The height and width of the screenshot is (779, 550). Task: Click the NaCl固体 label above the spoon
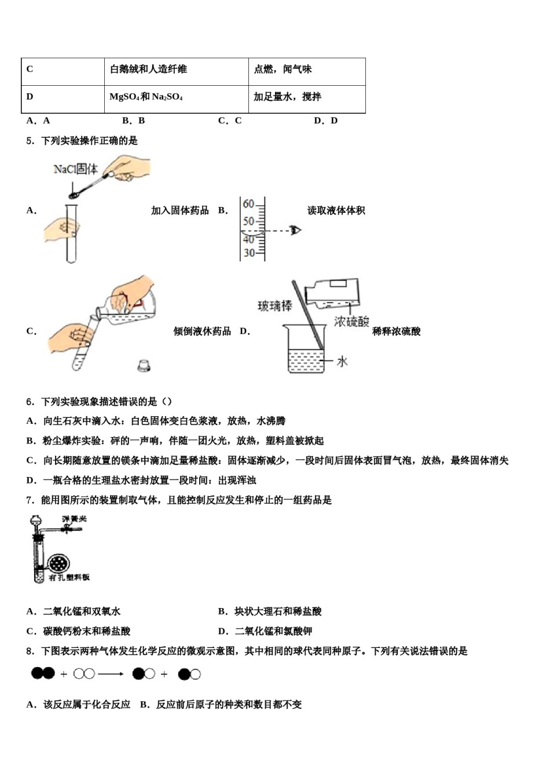click(x=75, y=169)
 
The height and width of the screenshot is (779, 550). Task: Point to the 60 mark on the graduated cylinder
click(x=248, y=204)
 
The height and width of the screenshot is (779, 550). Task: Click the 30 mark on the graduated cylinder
click(x=248, y=253)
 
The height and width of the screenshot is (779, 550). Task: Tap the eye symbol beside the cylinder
click(x=296, y=230)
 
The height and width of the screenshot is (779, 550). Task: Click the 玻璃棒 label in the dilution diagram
click(x=274, y=305)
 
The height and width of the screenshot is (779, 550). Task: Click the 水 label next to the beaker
click(x=342, y=361)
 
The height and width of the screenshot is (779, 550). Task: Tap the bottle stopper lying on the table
click(x=144, y=365)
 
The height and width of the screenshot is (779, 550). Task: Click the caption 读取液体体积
click(x=336, y=210)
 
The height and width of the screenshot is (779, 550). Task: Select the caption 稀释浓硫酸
click(x=396, y=331)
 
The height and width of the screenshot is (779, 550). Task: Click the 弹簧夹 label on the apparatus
click(x=74, y=519)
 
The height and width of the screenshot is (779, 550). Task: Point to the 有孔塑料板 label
click(x=69, y=578)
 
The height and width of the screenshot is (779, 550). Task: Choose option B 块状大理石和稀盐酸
click(x=270, y=611)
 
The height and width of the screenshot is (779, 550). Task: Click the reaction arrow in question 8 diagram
click(x=111, y=674)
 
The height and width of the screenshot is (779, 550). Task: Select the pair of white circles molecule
click(x=85, y=674)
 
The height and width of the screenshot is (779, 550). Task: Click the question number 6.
click(x=30, y=401)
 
